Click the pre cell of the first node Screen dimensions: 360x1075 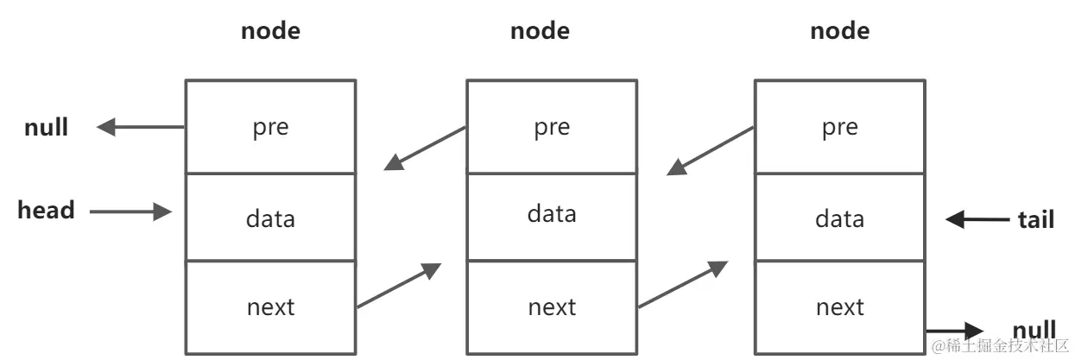(270, 127)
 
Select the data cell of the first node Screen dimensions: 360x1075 (270, 218)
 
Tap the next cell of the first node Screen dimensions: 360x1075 (270, 306)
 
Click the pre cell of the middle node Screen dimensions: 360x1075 (552, 127)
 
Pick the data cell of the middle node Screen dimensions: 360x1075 (552, 212)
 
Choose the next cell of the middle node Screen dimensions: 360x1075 (552, 306)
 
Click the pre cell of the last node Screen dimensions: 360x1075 (839, 127)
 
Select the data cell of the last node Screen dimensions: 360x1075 (839, 218)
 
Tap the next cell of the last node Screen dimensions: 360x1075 (839, 306)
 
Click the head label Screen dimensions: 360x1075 (46, 210)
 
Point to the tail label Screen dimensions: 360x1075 (1035, 219)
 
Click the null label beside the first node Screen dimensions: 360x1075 (46, 128)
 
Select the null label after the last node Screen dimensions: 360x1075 (1034, 330)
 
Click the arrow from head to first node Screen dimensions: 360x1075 (130, 212)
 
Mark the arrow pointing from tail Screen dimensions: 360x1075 (977, 219)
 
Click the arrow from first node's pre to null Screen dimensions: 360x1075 (141, 128)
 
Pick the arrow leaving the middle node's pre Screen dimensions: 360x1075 (425, 148)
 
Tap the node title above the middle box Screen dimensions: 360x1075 (540, 31)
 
